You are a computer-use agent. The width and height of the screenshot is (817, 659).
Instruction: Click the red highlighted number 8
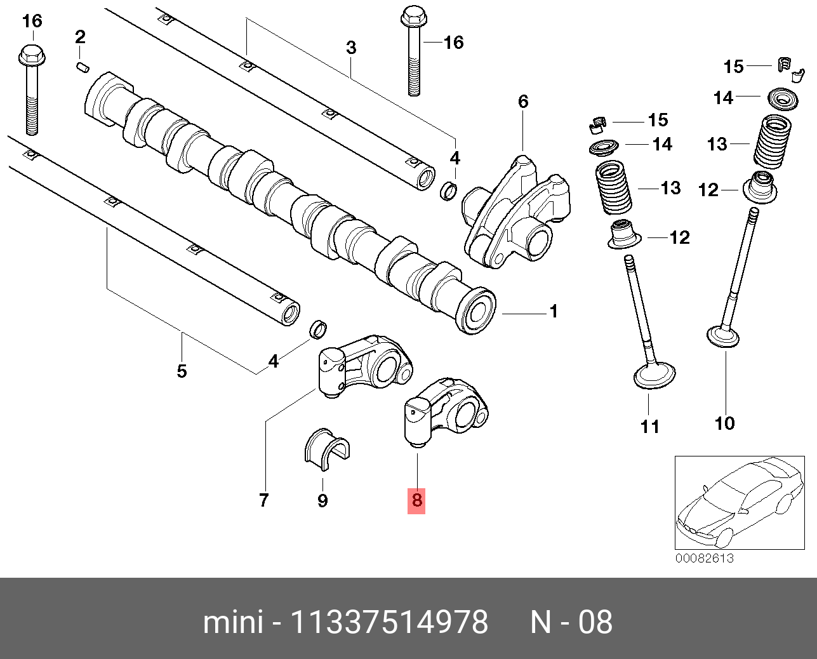[416, 500]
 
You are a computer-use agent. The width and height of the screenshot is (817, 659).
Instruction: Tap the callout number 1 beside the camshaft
[554, 312]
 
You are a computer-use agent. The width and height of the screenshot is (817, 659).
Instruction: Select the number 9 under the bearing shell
[322, 501]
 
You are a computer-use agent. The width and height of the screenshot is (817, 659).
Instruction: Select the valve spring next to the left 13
[613, 189]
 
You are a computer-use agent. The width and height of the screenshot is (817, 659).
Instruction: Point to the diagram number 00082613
[704, 558]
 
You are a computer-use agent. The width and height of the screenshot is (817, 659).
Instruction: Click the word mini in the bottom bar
[232, 622]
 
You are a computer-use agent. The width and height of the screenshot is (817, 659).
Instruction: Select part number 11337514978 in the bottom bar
[389, 622]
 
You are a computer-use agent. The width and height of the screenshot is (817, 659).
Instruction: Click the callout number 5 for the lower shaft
[182, 371]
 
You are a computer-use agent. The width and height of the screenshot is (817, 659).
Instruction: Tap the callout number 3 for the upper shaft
[350, 48]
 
